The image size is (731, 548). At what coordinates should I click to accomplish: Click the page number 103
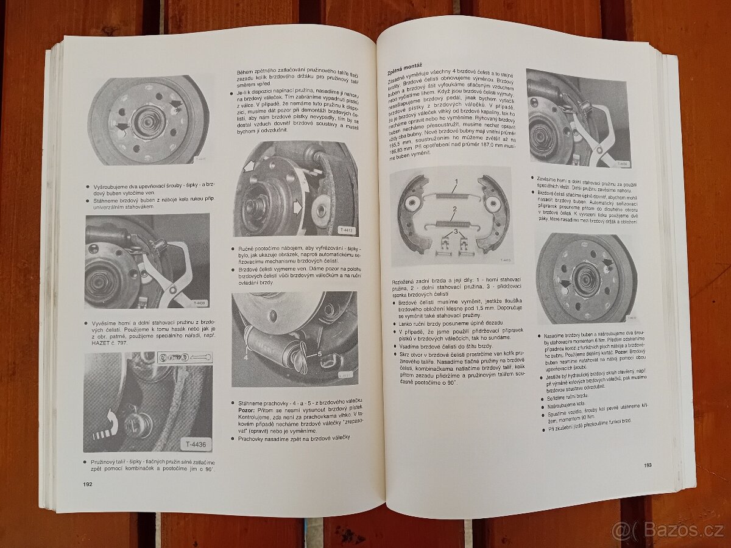pyautogui.click(x=648, y=466)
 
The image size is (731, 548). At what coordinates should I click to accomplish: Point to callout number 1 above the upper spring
pyautogui.click(x=454, y=181)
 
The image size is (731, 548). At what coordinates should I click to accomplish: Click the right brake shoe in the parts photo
pyautogui.click(x=495, y=213)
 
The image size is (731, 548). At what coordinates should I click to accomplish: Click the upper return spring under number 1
pyautogui.click(x=453, y=195)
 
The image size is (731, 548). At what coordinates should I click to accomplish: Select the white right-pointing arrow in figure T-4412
pyautogui.click(x=298, y=208)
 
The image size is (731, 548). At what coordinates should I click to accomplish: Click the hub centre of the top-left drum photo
pyautogui.click(x=148, y=121)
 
